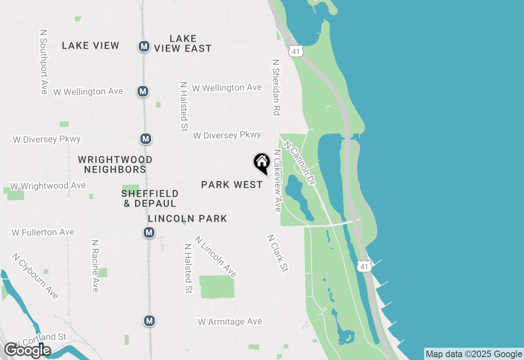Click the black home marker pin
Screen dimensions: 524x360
click(x=262, y=162)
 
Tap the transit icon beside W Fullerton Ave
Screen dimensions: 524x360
click(x=149, y=233)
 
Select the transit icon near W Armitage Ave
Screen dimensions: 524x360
click(x=149, y=320)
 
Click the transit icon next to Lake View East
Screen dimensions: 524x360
click(x=144, y=46)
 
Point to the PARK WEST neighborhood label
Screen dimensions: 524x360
click(x=232, y=185)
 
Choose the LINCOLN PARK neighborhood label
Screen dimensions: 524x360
click(x=187, y=219)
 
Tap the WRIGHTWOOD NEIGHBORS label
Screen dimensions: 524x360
click(x=115, y=164)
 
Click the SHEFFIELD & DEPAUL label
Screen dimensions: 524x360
click(x=150, y=198)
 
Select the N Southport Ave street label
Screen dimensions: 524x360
click(x=44, y=61)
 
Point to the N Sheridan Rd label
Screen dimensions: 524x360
click(x=276, y=87)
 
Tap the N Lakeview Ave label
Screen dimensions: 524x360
click(x=278, y=180)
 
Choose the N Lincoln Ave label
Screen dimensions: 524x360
click(x=216, y=256)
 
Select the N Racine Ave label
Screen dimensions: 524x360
click(x=95, y=266)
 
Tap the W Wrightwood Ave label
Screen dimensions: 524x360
click(x=48, y=186)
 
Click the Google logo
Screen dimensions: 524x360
click(x=27, y=350)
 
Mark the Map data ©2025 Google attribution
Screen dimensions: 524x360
click(x=474, y=354)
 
